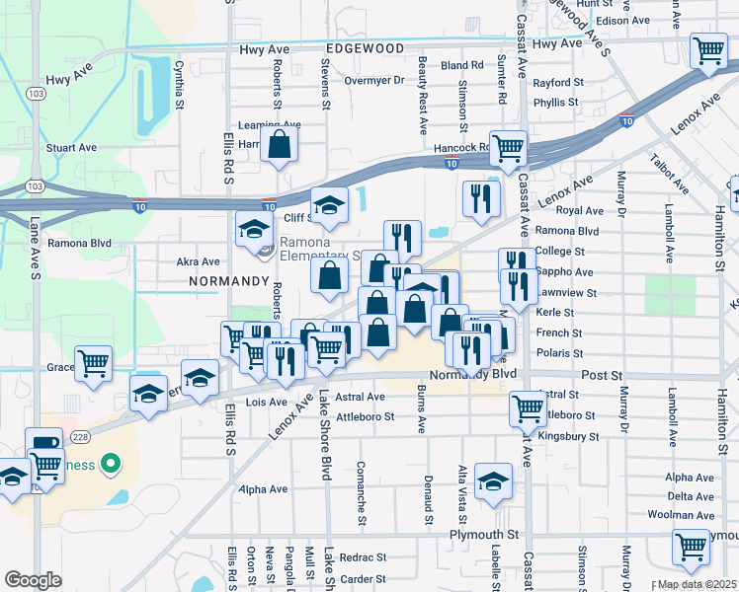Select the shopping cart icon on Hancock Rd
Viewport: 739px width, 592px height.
point(508,149)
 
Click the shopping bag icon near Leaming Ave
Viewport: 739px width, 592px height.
point(281,144)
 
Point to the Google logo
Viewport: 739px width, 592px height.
point(33,580)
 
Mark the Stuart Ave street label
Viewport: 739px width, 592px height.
point(71,148)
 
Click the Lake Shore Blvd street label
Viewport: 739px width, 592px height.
point(324,434)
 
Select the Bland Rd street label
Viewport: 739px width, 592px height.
point(462,65)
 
